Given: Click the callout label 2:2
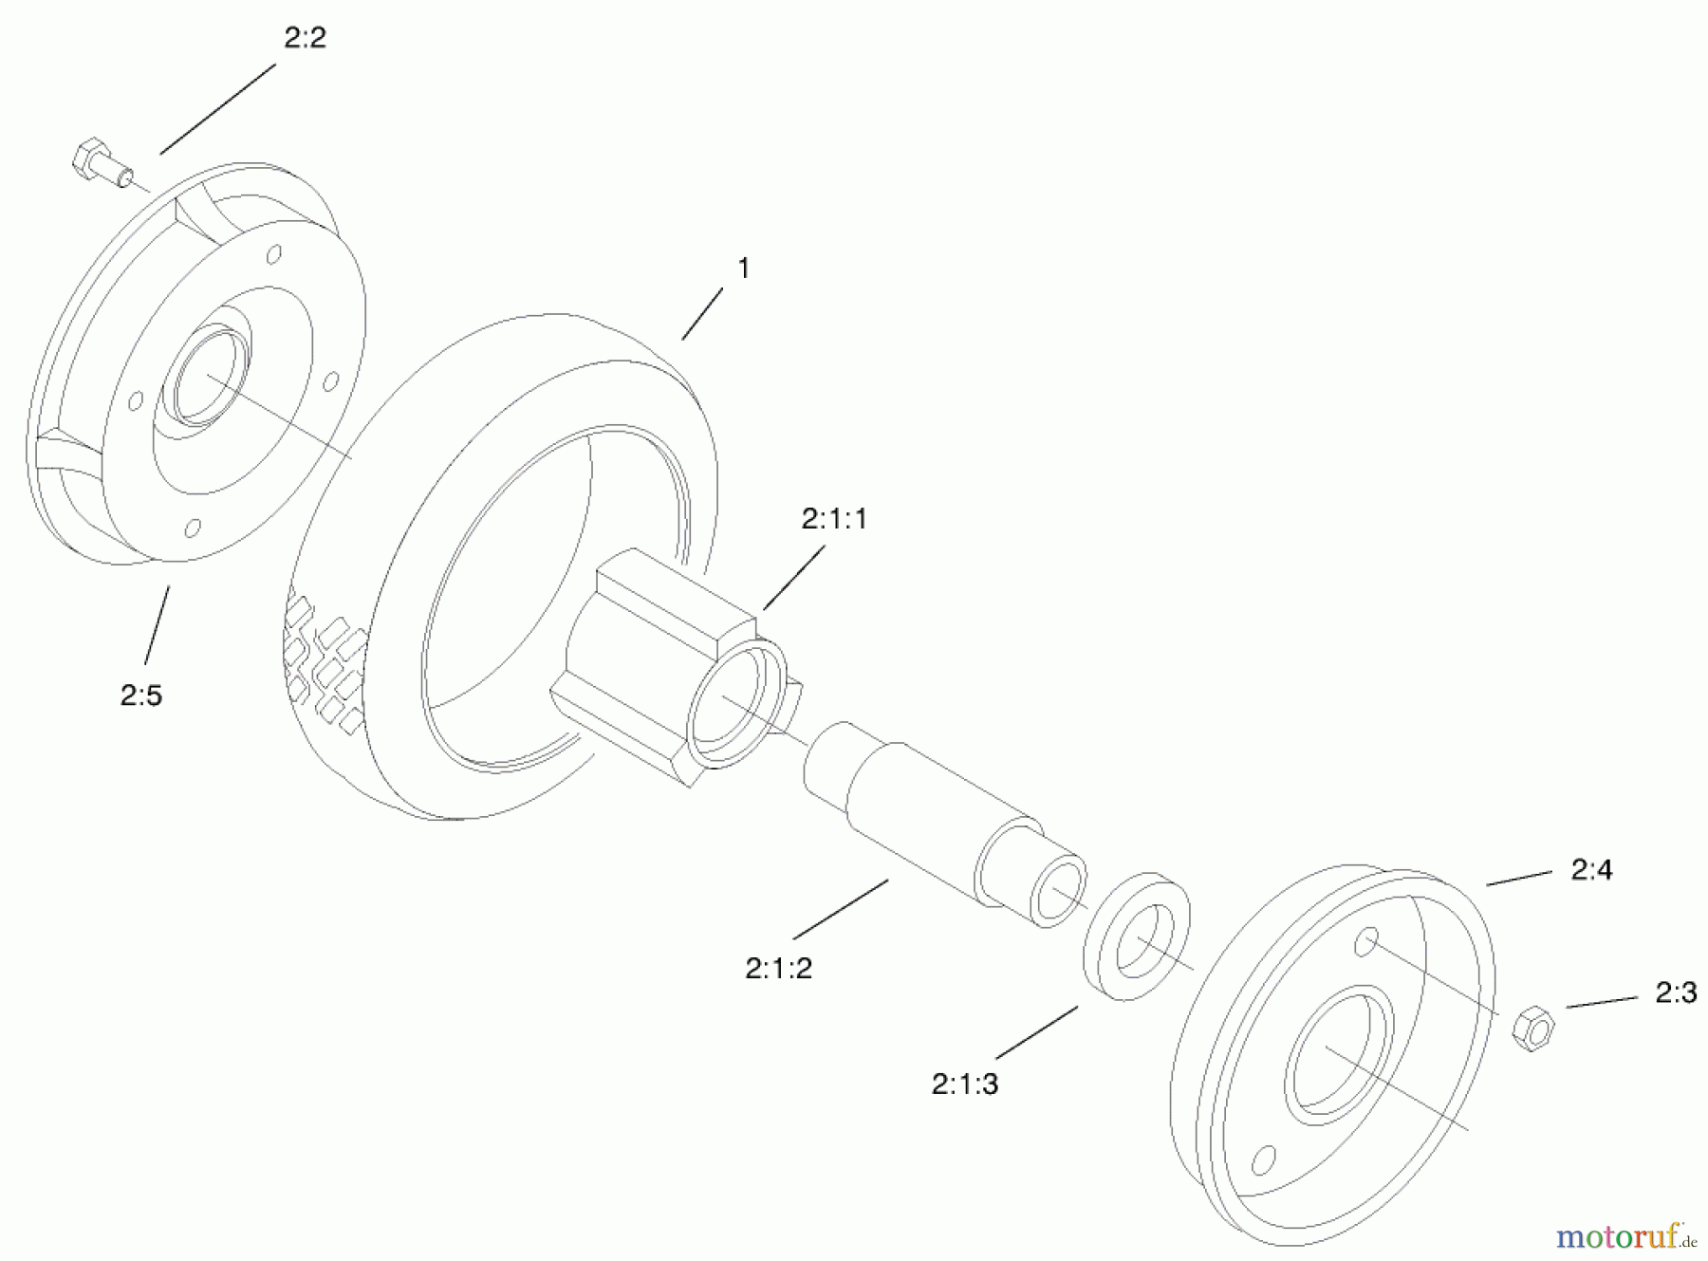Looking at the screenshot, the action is click(305, 39).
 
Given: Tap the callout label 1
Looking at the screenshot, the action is click(743, 269).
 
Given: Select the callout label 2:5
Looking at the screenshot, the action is click(141, 695).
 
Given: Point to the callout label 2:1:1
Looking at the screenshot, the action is click(834, 519).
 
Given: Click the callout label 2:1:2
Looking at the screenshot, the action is click(778, 968).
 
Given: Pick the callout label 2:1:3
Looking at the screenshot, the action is click(965, 1084).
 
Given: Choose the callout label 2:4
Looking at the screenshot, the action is click(1591, 870).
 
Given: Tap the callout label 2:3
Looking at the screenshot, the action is click(1676, 992).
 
